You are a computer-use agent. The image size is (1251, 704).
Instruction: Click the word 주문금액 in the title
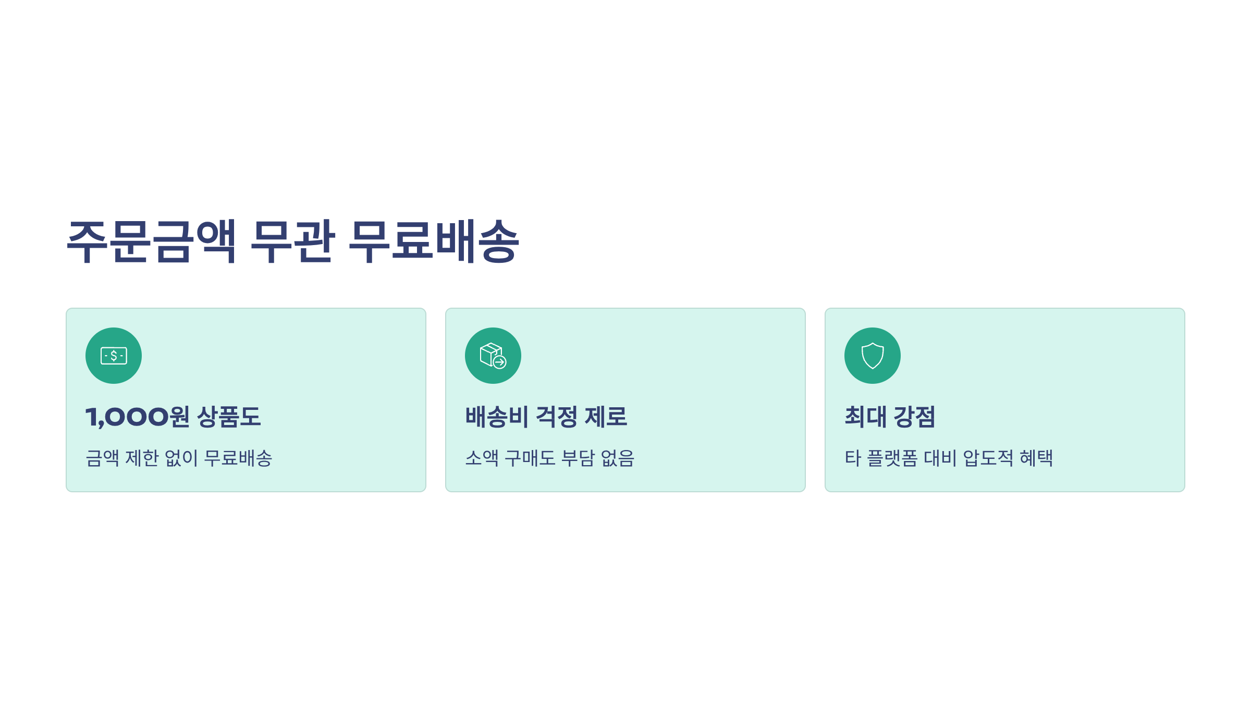tap(152, 241)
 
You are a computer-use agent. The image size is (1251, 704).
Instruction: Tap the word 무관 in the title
tap(292, 241)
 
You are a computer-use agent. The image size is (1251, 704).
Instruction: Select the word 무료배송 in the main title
tap(434, 241)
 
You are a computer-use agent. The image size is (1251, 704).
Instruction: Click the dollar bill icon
tap(114, 356)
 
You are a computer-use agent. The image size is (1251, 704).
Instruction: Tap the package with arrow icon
tap(493, 356)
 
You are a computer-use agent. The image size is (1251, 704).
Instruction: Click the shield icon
tap(873, 356)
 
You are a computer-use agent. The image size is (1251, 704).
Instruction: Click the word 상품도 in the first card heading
tap(229, 417)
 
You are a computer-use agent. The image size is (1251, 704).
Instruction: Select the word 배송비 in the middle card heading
tap(497, 417)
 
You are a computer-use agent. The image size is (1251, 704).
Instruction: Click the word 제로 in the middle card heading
tap(606, 417)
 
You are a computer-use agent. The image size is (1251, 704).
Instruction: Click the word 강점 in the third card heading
tap(914, 417)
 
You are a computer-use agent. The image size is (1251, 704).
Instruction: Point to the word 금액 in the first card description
tap(103, 458)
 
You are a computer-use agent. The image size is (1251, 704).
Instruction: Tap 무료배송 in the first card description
tap(238, 458)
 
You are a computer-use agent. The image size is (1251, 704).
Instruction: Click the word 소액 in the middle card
tap(482, 458)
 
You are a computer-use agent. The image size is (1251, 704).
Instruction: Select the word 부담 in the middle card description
tap(578, 458)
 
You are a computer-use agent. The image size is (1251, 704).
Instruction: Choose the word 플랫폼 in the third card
tap(892, 458)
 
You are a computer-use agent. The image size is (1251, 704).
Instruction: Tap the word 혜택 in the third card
tap(1036, 458)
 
